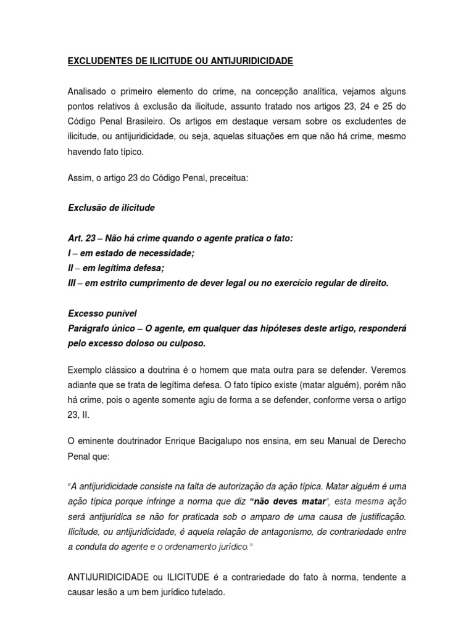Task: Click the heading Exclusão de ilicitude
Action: [111, 208]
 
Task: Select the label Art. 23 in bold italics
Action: [81, 238]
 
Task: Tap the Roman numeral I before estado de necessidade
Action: [69, 253]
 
